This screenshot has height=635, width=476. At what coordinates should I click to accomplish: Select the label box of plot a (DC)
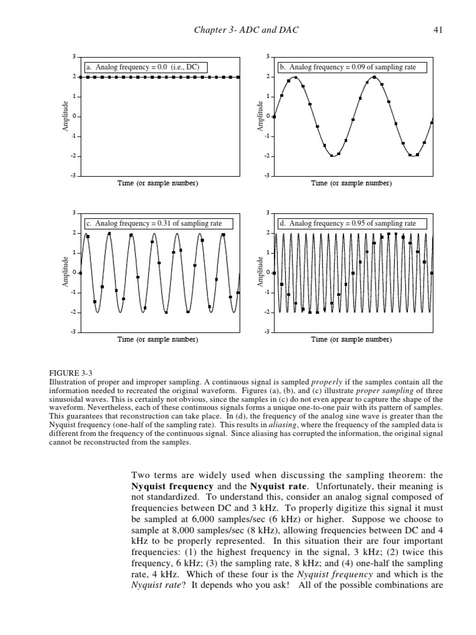click(x=145, y=67)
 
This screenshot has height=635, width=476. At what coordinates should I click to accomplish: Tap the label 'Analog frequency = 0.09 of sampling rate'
click(x=352, y=67)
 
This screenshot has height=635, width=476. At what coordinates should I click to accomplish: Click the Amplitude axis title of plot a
click(x=64, y=117)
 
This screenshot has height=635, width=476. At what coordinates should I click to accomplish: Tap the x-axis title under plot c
click(x=158, y=340)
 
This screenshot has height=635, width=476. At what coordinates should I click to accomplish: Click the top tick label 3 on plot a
click(x=73, y=57)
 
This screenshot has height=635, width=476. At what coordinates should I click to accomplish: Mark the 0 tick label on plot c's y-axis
click(x=74, y=273)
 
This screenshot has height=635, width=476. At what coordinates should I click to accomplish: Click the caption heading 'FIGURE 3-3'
click(x=71, y=373)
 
